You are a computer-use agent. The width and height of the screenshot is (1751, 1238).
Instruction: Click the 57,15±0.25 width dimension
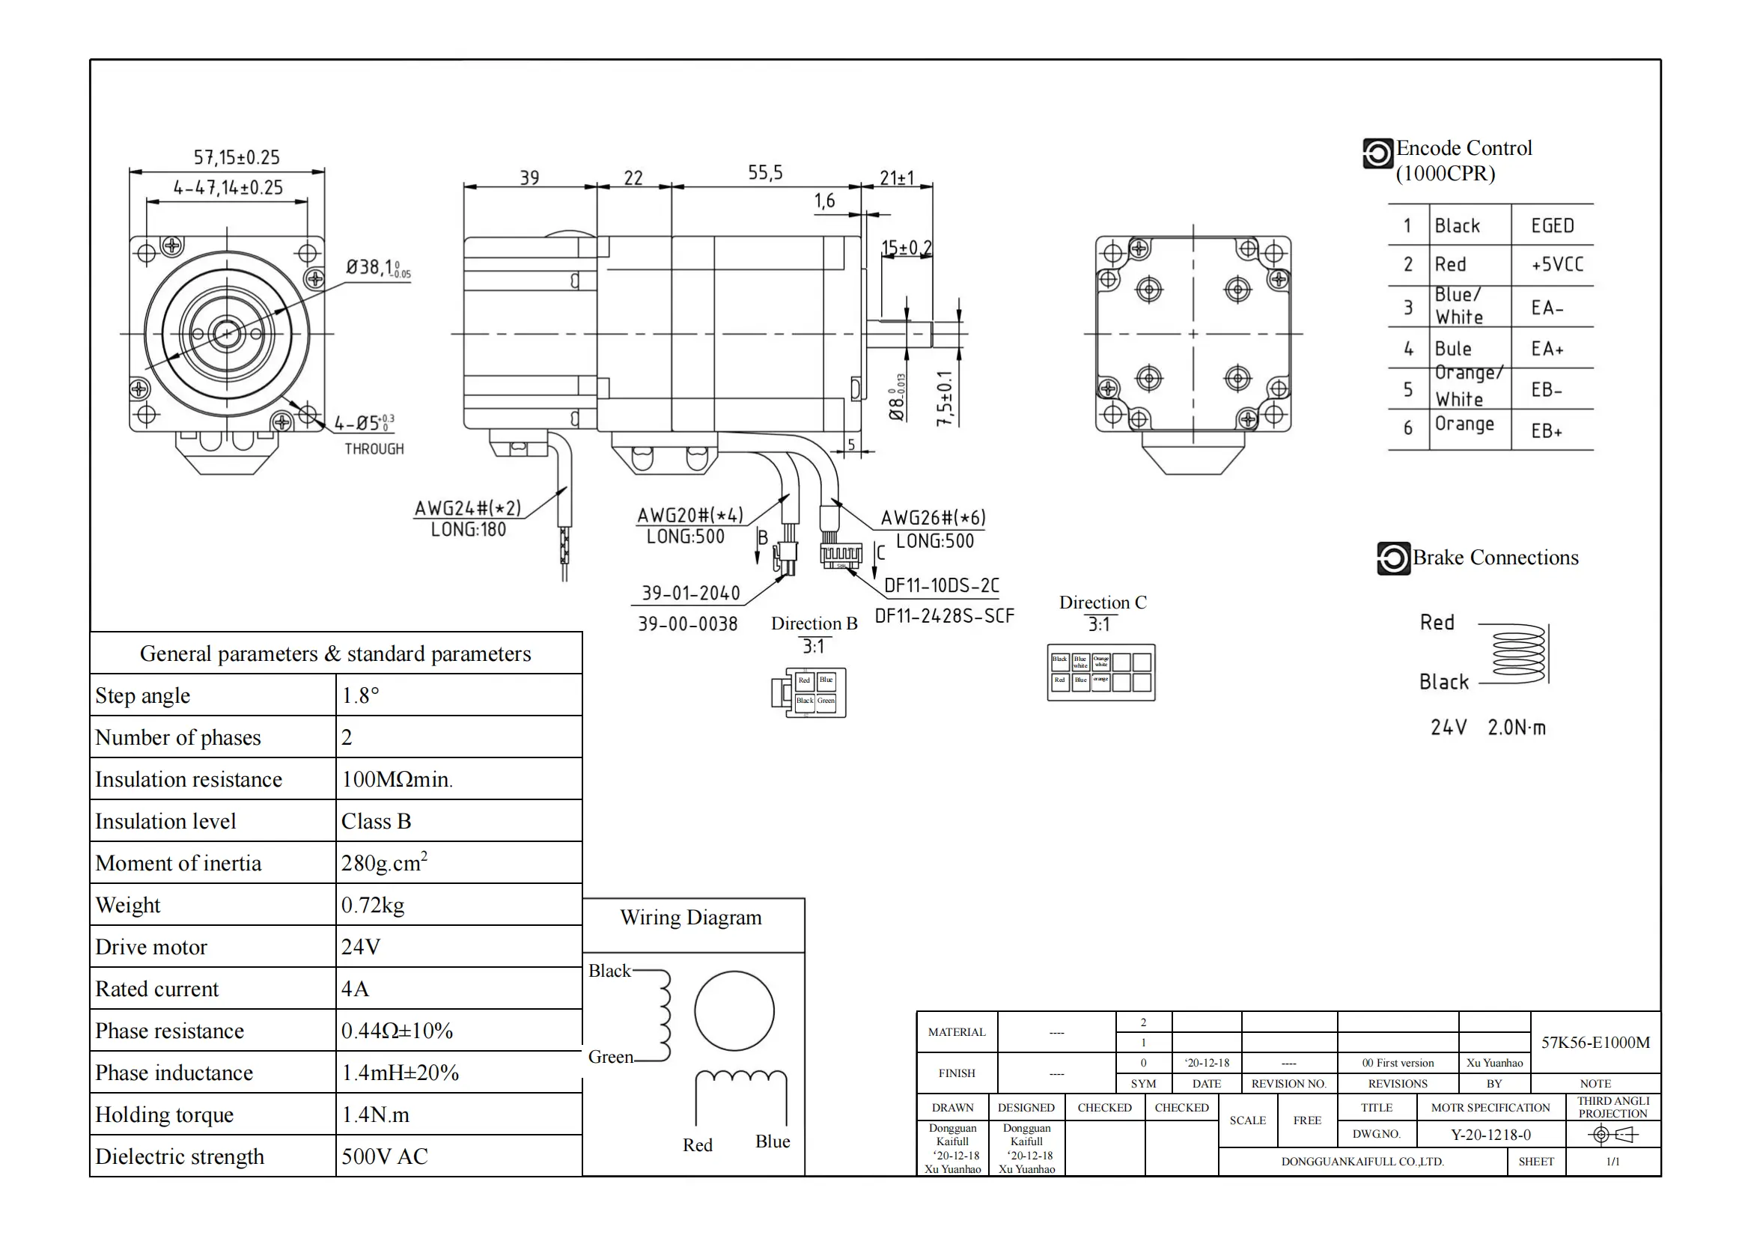tap(237, 158)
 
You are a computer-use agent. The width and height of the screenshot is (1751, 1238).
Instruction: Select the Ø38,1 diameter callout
tap(377, 267)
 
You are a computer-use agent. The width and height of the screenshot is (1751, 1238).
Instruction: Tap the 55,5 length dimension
tap(765, 173)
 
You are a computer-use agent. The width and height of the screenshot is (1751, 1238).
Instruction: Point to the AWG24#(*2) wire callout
tap(467, 508)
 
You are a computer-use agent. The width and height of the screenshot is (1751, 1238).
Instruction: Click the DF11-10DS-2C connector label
tap(941, 585)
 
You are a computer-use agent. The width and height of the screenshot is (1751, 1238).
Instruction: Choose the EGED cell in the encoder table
tap(1552, 225)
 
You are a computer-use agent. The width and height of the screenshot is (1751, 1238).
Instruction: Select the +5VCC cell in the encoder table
tap(1556, 264)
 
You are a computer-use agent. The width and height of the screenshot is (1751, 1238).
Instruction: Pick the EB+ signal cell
tap(1547, 430)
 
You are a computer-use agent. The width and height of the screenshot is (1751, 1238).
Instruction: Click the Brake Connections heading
tap(1495, 558)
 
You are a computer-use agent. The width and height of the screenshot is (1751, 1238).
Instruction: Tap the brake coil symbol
tap(1517, 654)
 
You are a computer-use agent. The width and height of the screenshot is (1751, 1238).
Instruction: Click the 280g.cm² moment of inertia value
tap(383, 863)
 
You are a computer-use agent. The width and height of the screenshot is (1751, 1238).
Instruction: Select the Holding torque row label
tap(165, 1114)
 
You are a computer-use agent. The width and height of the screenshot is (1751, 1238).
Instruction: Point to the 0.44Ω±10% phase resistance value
tap(397, 1031)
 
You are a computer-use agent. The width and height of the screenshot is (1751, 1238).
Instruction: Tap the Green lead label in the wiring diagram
tap(610, 1058)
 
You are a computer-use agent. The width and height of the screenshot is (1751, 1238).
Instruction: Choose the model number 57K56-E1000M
tap(1595, 1042)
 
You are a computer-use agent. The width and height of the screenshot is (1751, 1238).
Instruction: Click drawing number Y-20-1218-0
tap(1490, 1134)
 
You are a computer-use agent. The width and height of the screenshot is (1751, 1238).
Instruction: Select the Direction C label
tap(1102, 603)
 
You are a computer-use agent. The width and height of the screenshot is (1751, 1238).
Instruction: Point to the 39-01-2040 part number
tap(690, 593)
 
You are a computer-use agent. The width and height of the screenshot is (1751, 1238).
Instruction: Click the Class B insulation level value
tap(376, 821)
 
